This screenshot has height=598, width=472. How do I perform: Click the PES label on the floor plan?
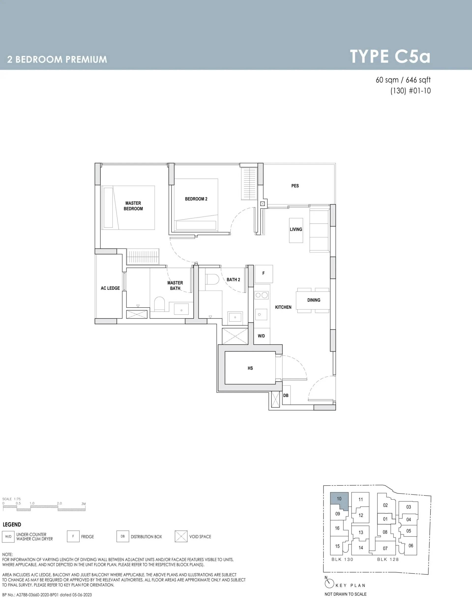pos(295,186)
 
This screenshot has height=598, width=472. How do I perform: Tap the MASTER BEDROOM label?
pos(133,206)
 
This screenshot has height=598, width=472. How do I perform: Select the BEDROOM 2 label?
pos(196,199)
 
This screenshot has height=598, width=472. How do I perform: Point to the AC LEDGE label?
pos(110,288)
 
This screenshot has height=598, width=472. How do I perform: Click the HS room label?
pos(250,368)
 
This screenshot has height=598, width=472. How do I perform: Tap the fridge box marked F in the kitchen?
pos(264,274)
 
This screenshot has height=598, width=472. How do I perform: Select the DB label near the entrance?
pos(286,395)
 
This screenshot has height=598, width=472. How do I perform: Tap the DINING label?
pos(314,300)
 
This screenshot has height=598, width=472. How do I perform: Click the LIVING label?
pos(296,229)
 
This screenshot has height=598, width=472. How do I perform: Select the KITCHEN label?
pos(283,307)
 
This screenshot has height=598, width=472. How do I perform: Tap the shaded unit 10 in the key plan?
pos(339,498)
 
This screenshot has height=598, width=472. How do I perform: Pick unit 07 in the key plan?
pos(385,548)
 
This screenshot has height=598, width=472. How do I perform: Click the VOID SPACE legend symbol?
pos(181,536)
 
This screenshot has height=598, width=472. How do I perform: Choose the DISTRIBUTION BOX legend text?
pos(146,536)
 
